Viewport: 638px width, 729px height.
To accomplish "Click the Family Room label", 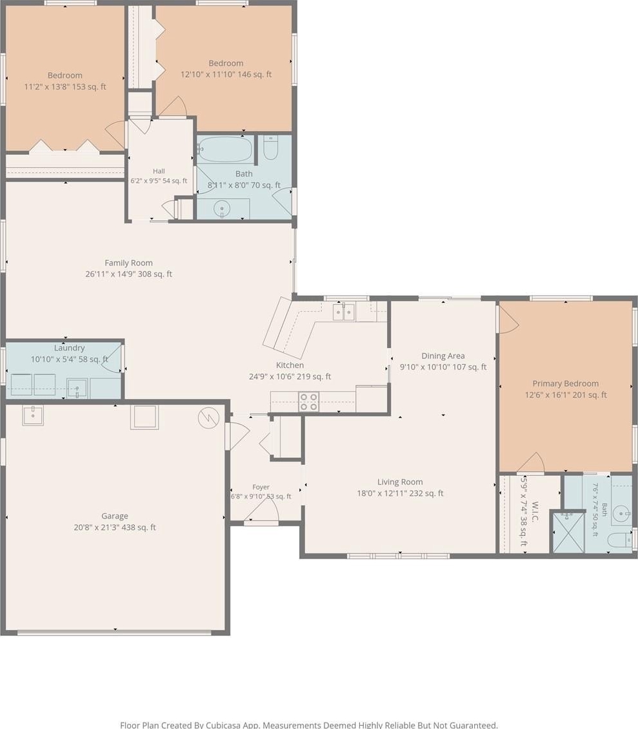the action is (x=128, y=263).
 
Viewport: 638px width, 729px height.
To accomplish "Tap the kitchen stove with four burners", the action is (x=309, y=402).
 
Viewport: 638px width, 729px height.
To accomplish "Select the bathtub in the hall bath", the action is (x=225, y=149).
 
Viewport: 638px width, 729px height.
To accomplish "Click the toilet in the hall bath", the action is (x=271, y=147).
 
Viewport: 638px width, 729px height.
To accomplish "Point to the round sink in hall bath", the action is (x=223, y=209).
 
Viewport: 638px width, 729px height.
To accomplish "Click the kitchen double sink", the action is (x=344, y=311).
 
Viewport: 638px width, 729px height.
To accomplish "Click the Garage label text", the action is (x=115, y=516).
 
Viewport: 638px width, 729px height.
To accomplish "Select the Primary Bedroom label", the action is (x=565, y=384).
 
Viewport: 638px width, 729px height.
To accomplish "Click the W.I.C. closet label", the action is (x=534, y=511).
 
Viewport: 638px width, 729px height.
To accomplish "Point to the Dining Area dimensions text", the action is (x=443, y=367).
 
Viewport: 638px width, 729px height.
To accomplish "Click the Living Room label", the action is (x=400, y=482).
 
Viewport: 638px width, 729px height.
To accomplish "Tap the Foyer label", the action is (x=261, y=488).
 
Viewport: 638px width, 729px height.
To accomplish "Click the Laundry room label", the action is (x=69, y=348).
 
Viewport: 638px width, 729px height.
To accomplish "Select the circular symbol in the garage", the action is (x=208, y=418).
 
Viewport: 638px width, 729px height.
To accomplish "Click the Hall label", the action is (x=159, y=171).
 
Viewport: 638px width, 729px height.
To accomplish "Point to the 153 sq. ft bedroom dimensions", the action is (x=65, y=87).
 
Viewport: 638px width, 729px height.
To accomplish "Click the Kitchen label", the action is (x=290, y=365).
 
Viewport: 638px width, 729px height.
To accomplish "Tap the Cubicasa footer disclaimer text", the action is (x=309, y=724).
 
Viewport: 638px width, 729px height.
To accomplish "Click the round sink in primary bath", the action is (x=621, y=514).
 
